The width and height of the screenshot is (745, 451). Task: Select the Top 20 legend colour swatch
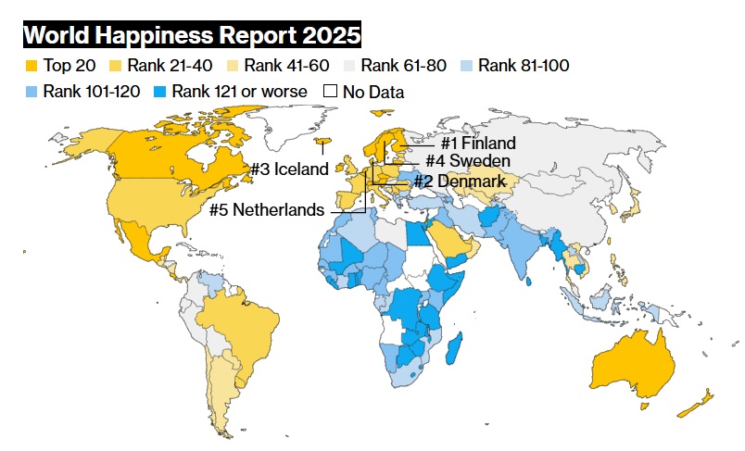coord(32,66)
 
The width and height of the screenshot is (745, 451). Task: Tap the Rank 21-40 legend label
coord(170,66)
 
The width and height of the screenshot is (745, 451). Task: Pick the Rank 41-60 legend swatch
coord(233,66)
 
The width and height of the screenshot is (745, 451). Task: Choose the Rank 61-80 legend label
coord(403,66)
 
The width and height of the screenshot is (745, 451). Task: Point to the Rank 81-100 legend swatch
coord(466,66)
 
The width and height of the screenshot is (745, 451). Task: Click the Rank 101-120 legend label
coord(91,91)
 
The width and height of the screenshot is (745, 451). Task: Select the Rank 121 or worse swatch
coord(160,92)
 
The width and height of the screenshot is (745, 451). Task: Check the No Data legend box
coord(330,91)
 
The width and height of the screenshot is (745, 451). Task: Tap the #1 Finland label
coord(478,143)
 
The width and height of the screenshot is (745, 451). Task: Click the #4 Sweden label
coord(468,160)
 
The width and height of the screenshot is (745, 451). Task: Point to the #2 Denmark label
coord(460,181)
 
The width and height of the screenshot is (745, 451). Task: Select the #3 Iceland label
coord(290,169)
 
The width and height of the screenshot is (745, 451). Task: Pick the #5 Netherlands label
coord(267,209)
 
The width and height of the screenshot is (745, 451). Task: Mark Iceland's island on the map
coord(322,142)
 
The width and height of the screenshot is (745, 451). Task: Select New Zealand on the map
coord(695,404)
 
